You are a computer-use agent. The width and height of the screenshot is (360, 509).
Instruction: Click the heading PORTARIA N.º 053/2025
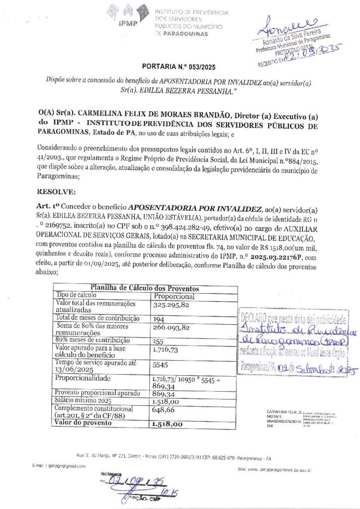[x=179, y=67]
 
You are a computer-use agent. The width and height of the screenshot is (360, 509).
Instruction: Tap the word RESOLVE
[x=57, y=190]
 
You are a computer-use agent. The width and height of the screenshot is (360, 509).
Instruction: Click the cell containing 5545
[x=161, y=364]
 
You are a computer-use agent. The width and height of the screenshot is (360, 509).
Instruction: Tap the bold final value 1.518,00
[x=167, y=424]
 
